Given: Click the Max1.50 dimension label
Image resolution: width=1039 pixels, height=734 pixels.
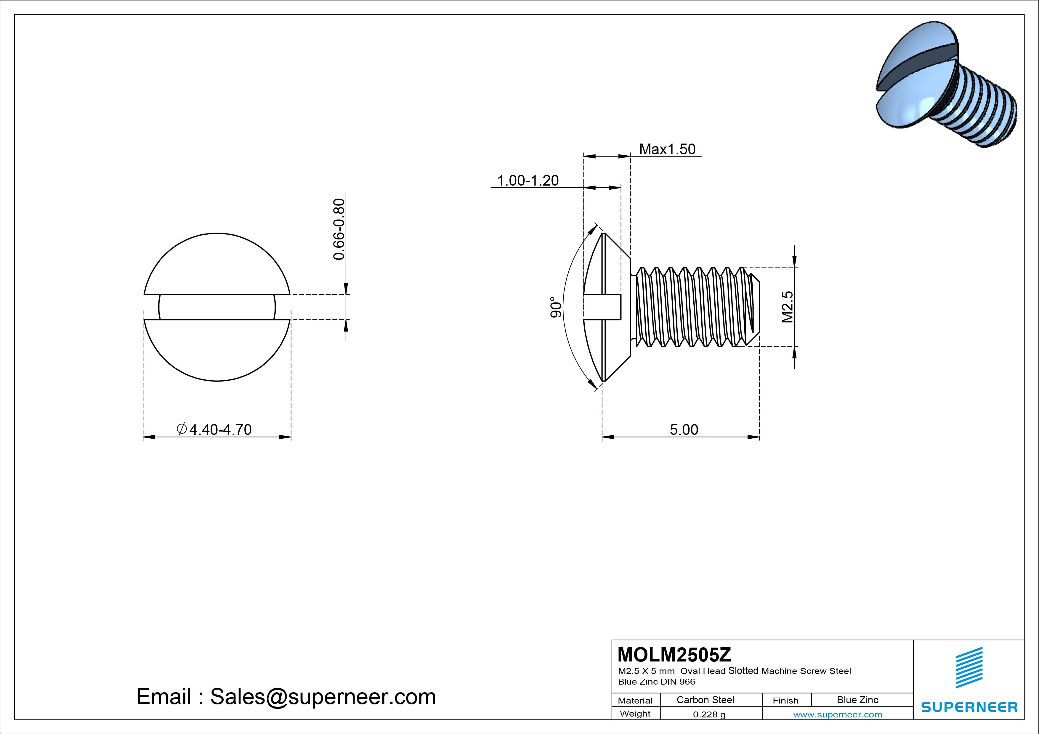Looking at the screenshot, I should [667, 149].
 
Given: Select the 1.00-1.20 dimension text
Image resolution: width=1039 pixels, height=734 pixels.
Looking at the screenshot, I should [528, 181].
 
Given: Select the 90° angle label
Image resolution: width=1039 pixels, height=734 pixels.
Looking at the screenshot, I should [556, 307].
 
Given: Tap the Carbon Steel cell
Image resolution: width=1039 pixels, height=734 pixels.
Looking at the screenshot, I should [705, 700].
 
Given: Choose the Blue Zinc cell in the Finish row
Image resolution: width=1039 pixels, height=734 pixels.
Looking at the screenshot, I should [857, 700].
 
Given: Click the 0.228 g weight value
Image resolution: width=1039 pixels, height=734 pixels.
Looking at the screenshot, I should [709, 714].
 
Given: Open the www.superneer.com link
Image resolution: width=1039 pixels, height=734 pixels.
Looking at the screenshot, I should [837, 714].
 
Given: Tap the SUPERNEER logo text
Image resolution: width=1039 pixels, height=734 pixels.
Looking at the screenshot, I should [969, 707].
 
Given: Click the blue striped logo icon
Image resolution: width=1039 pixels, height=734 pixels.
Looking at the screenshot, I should [969, 667].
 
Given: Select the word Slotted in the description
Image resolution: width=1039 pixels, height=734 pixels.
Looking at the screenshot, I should [743, 671].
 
